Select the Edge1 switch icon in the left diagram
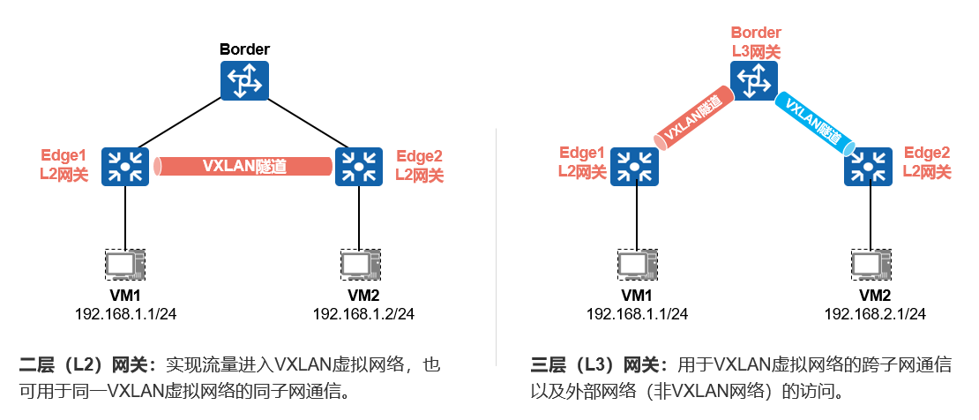(124, 165)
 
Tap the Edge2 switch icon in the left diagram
(358, 165)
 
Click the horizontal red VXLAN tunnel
(243, 166)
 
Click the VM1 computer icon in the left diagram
(124, 264)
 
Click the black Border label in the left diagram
(244, 49)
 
